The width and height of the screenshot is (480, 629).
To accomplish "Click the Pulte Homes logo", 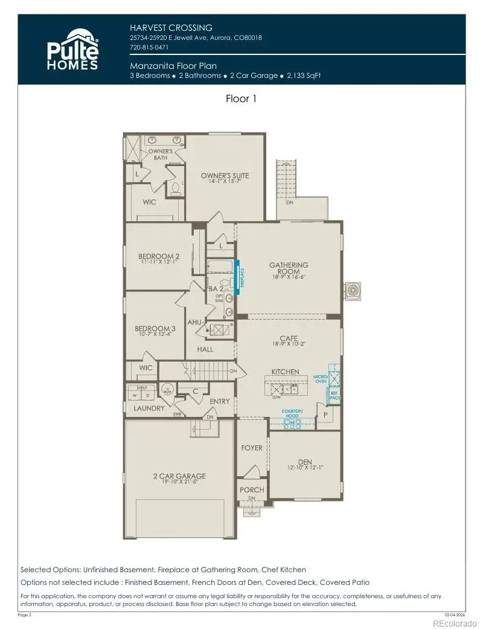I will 72,49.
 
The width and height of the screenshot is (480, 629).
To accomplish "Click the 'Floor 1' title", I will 241,98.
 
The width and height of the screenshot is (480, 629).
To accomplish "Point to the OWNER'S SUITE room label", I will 225,176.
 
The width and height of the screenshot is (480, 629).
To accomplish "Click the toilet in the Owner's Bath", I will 176,190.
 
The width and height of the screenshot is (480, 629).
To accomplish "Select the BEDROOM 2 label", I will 159,256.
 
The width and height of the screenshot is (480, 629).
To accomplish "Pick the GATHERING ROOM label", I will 289,268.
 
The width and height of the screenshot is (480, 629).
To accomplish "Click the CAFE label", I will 288,338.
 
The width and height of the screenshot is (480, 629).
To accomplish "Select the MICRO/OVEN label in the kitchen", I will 320,379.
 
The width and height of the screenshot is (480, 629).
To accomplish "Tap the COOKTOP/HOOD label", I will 292,413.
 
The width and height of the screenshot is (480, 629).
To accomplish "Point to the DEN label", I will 304,462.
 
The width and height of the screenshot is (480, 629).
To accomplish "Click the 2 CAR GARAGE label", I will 179,476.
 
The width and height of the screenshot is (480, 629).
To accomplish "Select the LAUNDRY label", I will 149,408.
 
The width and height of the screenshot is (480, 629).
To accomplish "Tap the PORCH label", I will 252,489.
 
